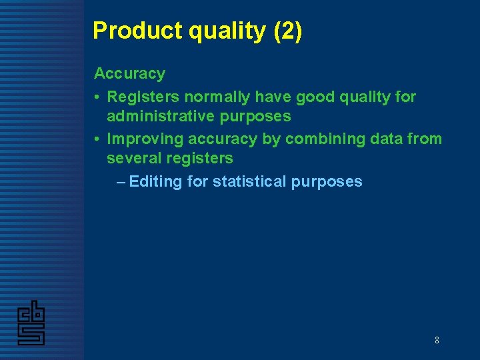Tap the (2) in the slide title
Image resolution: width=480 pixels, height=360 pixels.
click(287, 31)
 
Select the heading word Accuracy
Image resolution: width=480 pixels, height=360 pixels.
click(129, 73)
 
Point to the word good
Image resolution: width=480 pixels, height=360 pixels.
click(316, 97)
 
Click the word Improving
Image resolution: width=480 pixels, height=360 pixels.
click(145, 139)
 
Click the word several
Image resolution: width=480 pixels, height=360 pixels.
click(133, 158)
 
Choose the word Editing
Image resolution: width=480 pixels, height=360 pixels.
click(156, 181)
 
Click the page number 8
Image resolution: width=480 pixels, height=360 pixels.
click(437, 340)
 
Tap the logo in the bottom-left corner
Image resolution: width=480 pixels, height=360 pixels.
click(31, 323)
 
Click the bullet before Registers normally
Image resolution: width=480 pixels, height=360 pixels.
click(97, 97)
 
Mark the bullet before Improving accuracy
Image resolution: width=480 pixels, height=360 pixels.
click(97, 139)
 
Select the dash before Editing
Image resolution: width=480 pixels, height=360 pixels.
click(120, 181)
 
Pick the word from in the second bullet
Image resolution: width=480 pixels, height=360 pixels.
click(425, 139)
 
